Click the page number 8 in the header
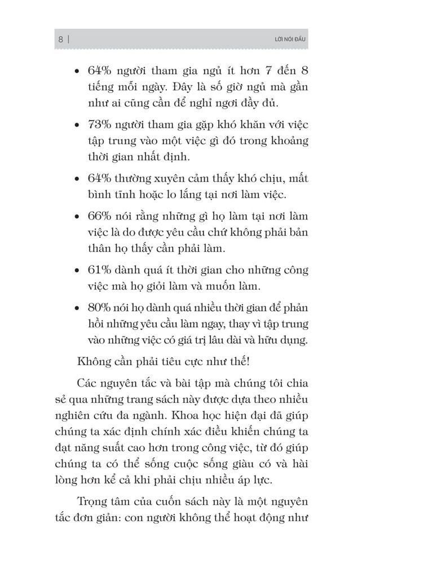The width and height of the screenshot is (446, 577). (60, 39)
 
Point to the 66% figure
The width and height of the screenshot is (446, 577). (100, 217)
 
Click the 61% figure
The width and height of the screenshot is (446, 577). (100, 270)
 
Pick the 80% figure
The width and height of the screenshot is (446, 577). (100, 309)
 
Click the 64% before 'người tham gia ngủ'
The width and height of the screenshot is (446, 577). (100, 72)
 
